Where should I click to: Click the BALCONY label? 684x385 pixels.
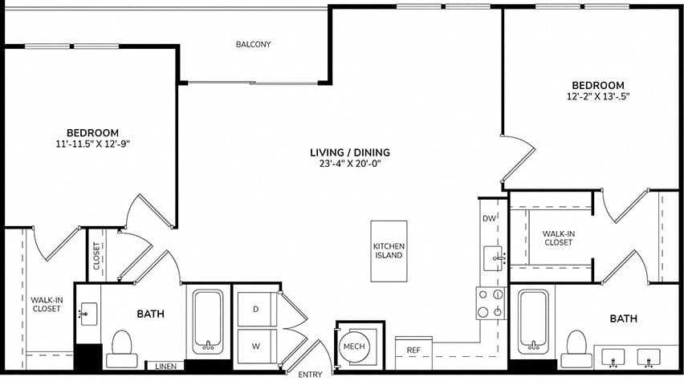[x=254, y=44]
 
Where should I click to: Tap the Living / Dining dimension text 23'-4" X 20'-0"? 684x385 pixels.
[x=350, y=164]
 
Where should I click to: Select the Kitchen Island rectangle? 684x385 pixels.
[x=389, y=251]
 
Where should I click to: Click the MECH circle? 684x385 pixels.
[x=354, y=346]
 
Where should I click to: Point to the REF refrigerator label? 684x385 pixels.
[x=413, y=351]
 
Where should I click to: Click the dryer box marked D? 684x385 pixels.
[x=257, y=309]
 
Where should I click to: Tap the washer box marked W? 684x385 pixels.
[x=257, y=346]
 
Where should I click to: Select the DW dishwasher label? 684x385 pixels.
[x=490, y=218]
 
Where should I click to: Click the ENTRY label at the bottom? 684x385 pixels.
[x=310, y=375]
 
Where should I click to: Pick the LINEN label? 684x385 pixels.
[x=165, y=367]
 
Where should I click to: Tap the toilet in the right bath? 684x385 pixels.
[x=576, y=349]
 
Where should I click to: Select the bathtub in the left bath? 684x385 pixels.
[x=208, y=322]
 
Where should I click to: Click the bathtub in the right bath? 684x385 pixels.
[x=532, y=322]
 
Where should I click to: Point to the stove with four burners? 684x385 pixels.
[x=491, y=303]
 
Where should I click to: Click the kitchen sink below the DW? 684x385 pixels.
[x=494, y=258]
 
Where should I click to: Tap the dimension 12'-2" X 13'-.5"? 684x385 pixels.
[x=598, y=97]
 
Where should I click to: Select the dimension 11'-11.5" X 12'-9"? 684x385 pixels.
[x=93, y=144]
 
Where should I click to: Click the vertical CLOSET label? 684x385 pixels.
[x=96, y=256]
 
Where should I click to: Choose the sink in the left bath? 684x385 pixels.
[x=88, y=314]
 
